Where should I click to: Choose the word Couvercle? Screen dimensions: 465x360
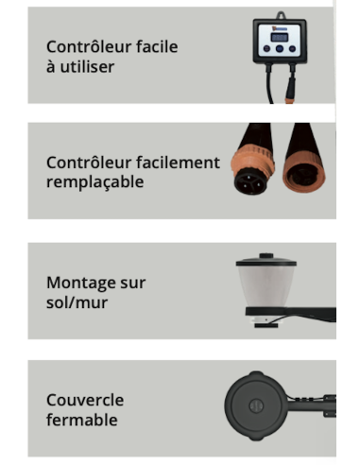pos(85,400)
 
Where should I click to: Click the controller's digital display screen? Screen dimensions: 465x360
pos(286,39)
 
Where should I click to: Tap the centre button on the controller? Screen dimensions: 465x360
pos(286,54)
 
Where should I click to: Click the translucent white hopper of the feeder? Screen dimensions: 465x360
pos(267,287)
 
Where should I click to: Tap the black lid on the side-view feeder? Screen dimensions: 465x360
pos(267,259)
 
